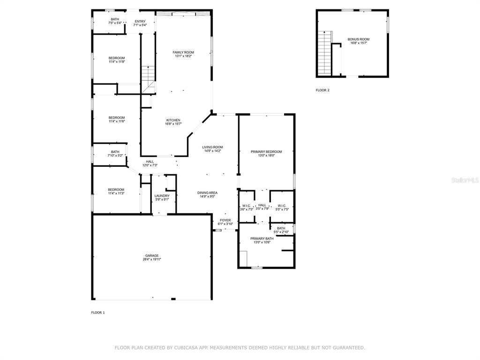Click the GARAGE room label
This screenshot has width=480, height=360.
152,255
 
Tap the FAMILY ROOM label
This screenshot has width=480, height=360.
183,52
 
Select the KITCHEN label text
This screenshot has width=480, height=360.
173,120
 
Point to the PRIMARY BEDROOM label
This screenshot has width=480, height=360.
266,151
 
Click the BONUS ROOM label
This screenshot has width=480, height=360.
359,39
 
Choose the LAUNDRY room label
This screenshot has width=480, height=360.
162,196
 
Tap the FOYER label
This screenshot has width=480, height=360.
225,220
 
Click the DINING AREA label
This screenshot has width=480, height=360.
207,193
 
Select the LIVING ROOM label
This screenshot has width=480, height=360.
212,147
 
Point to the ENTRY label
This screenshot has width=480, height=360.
140,22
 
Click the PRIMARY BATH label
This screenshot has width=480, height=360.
262,239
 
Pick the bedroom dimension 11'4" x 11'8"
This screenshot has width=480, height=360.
117,62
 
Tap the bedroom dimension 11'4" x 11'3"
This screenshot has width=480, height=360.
116,194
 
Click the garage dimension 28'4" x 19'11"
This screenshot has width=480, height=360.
152,259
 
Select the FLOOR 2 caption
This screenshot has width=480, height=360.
322,90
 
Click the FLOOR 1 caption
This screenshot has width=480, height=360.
98,313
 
